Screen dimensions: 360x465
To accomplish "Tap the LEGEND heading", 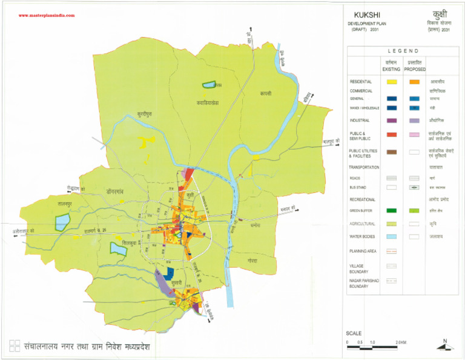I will point(399,51).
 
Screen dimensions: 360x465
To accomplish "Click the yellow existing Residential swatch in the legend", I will point(392,81).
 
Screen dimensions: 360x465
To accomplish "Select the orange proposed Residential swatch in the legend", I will point(414,81).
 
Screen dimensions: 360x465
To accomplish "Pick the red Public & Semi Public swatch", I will point(392,135).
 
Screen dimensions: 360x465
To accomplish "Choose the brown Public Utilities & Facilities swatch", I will point(392,153).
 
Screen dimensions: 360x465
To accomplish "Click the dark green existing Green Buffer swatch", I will point(392,210).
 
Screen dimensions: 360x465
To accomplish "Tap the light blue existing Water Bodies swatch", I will point(392,236).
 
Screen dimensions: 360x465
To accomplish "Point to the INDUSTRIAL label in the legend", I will point(360,120).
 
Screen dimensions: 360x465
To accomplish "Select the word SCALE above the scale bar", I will point(354,333).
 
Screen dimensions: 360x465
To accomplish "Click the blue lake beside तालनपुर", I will point(62,222).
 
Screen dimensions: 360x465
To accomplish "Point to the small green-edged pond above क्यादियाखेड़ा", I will point(209,85).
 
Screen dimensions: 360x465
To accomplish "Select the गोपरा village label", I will point(252,260).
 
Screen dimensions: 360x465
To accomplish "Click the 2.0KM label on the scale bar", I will point(400,344).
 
